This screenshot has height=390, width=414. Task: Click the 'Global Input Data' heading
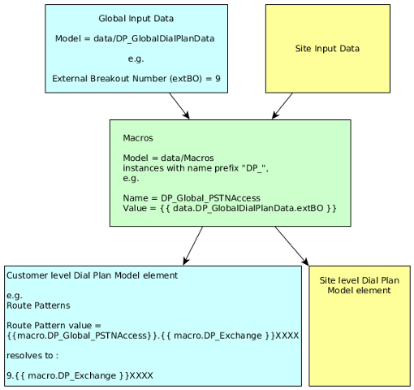coord(136,18)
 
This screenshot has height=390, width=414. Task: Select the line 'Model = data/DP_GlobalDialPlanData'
coord(136,38)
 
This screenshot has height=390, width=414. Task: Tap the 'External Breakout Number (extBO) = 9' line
coord(136,79)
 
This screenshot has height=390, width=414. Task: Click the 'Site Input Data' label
coord(327,49)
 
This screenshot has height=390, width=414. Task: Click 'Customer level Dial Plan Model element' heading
coord(92,275)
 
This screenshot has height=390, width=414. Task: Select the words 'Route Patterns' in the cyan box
coord(37,305)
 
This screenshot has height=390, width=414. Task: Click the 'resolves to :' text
coord(32,355)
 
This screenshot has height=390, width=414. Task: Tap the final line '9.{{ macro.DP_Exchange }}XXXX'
coord(80,375)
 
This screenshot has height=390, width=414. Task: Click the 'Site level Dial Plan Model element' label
coord(359,285)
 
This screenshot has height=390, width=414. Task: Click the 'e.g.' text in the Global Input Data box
coord(136,58)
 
